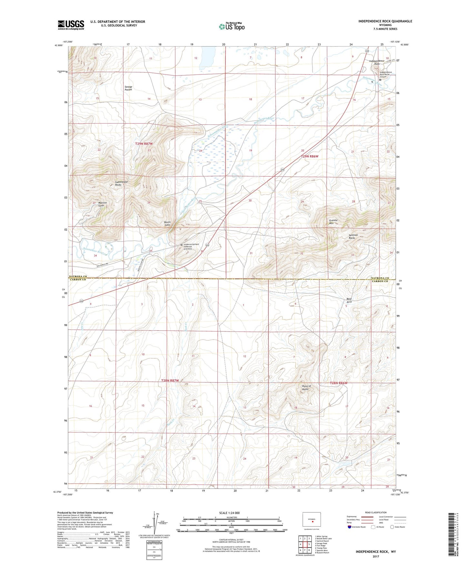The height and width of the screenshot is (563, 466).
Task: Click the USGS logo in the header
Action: [x=71, y=25]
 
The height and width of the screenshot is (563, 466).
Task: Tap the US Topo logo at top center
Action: [x=231, y=26]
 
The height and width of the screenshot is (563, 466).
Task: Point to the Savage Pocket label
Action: [x=128, y=88]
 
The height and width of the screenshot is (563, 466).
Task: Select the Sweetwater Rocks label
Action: [x=122, y=183]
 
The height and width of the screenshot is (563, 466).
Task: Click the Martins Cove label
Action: [x=103, y=204]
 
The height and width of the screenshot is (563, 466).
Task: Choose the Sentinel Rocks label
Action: [x=353, y=236]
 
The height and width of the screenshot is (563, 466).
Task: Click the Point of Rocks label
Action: [x=306, y=388]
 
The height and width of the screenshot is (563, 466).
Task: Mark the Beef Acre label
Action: [x=349, y=300]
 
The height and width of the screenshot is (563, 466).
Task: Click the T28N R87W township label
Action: [x=170, y=380]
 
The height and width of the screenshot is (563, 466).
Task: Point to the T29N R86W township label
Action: [x=310, y=156]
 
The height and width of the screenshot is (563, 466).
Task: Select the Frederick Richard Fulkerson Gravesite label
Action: [x=191, y=247]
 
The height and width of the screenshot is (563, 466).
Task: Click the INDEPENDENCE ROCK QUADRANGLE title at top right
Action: [x=385, y=21]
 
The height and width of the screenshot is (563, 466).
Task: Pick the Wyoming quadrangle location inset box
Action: [x=312, y=520]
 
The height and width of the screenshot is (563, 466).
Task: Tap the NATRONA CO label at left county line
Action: [x=78, y=276]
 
